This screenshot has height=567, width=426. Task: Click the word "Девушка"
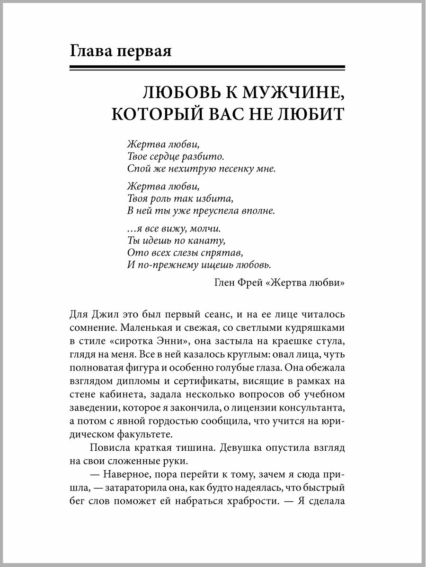tap(242, 447)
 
